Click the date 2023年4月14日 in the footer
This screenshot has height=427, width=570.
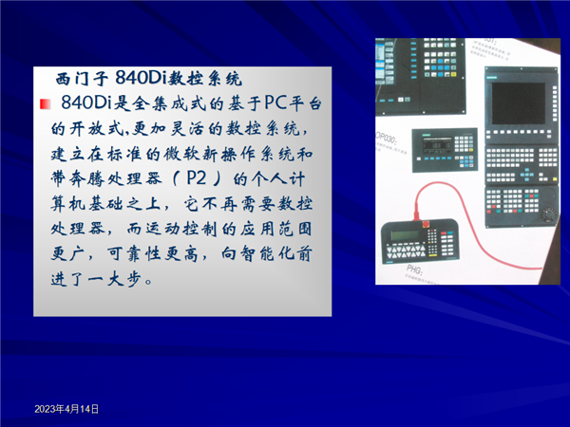pyautogui.click(x=66, y=409)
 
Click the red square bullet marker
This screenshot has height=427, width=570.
pyautogui.click(x=45, y=104)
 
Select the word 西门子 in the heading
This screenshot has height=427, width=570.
pyautogui.click(x=82, y=79)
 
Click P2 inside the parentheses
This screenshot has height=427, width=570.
pyautogui.click(x=196, y=178)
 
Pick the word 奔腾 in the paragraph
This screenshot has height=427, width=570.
pyautogui.click(x=85, y=178)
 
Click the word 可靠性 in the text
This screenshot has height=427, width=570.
pyautogui.click(x=134, y=254)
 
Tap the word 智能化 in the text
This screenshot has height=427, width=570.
pyautogui.click(x=266, y=253)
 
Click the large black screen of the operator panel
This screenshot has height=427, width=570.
pyautogui.click(x=519, y=103)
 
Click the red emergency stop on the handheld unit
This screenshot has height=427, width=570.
pyautogui.click(x=426, y=224)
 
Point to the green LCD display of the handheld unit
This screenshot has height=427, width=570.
pyautogui.click(x=405, y=235)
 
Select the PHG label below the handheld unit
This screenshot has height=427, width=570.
pyautogui.click(x=414, y=269)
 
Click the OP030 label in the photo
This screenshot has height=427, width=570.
pyautogui.click(x=386, y=138)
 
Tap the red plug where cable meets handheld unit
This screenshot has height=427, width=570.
pyautogui.click(x=417, y=213)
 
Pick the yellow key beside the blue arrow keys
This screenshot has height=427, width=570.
pyautogui.click(x=555, y=179)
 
